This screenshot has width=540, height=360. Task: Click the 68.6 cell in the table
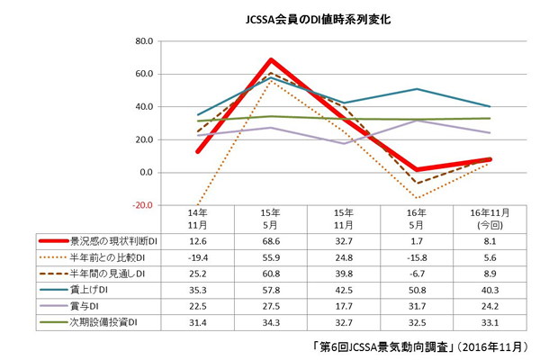(x=270, y=241)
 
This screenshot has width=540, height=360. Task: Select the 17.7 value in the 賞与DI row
(x=340, y=305)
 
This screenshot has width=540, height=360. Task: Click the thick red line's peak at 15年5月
(x=270, y=60)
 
